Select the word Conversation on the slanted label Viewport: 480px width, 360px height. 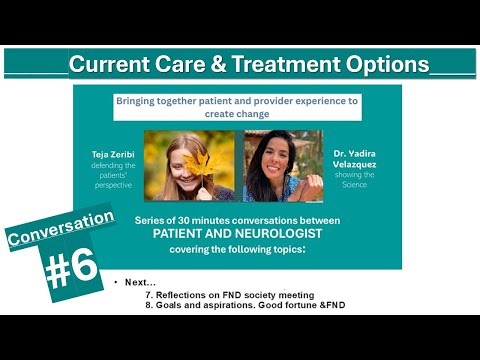[60, 229]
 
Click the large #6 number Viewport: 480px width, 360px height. [73, 269]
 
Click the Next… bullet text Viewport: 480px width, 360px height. [139, 281]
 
